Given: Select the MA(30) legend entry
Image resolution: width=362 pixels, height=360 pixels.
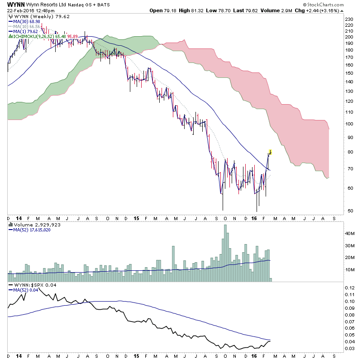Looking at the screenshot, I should coord(23,22).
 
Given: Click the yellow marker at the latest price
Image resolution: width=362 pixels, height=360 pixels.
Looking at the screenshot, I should coord(270,151).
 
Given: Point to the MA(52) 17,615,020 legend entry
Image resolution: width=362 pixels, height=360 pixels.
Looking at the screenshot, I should coord(32,230).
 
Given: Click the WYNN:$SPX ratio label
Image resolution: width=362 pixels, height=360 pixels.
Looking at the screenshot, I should coord(30,285).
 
